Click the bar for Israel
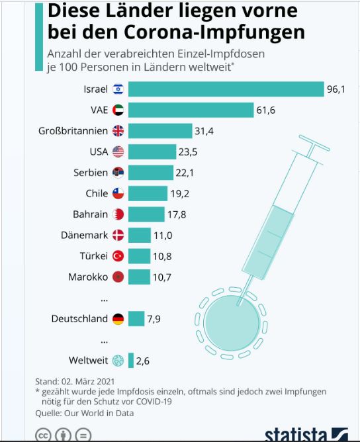pos(226,89)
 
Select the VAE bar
pos(191,110)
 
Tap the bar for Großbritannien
pos(160,131)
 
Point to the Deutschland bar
pos(136,319)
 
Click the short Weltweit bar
pos(131,360)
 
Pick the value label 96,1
pos(336,89)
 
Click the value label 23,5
pos(188,152)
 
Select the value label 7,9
pos(154,319)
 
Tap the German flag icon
pos(118,319)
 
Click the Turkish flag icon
pos(118,256)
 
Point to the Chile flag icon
pos(118,193)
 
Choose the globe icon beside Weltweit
pos(118,360)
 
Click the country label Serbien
pos(91,173)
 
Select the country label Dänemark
pos(84,235)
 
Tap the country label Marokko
pos(88,277)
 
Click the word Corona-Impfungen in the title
pos(214,32)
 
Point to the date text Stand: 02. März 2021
pos(75,381)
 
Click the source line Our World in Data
pos(99,413)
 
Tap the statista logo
pos(306,434)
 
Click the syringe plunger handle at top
pos(314,143)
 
